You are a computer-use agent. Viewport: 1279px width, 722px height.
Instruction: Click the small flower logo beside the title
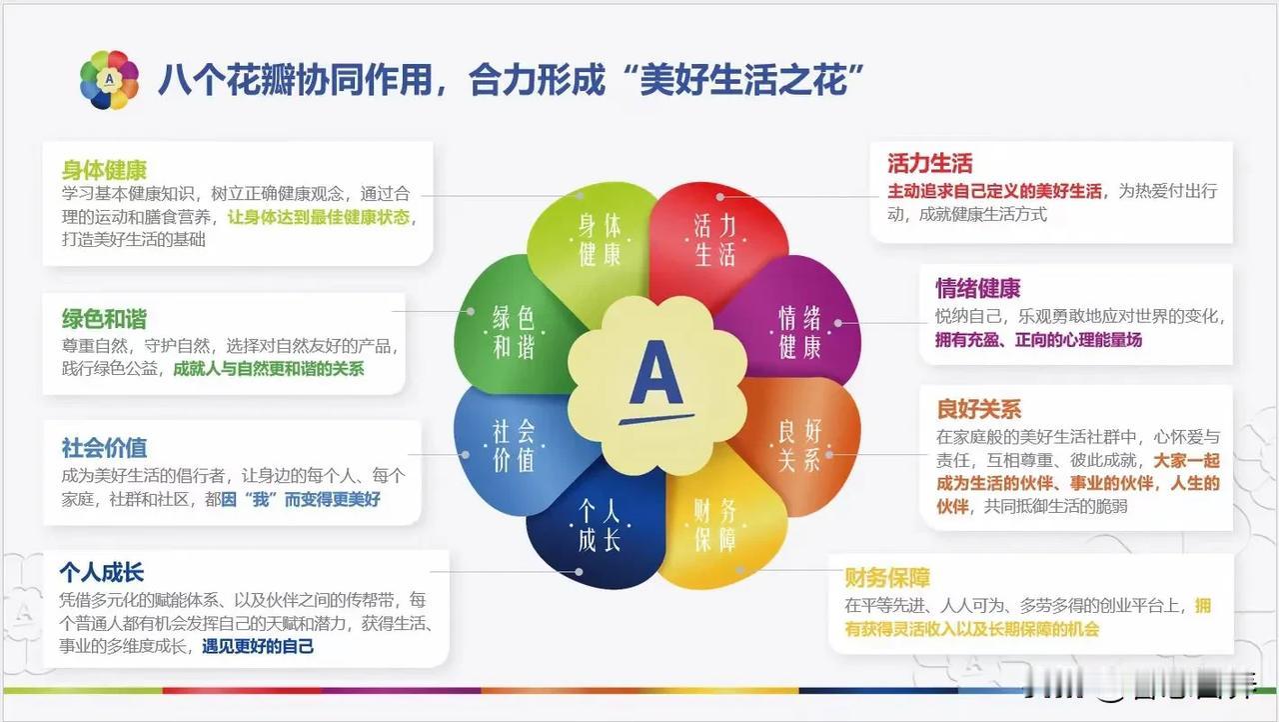click(109, 80)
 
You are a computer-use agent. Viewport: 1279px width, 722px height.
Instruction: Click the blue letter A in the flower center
click(656, 374)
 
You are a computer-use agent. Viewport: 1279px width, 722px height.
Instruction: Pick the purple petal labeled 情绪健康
click(799, 326)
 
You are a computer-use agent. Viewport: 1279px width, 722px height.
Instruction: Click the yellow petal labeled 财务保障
click(720, 526)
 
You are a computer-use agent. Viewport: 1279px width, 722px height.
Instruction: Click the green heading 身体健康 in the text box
click(104, 170)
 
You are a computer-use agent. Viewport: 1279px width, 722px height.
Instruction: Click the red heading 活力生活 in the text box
click(929, 163)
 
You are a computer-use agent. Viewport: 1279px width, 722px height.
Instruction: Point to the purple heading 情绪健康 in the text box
click(977, 288)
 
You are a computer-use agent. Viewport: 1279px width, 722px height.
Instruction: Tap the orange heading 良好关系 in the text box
click(978, 409)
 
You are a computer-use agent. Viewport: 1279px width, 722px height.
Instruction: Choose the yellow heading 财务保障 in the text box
click(887, 577)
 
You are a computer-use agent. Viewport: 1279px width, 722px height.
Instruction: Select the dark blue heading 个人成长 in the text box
click(102, 572)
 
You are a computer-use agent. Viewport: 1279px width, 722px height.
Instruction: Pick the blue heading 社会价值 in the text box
click(104, 448)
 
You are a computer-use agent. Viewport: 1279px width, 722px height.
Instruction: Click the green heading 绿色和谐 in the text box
click(104, 319)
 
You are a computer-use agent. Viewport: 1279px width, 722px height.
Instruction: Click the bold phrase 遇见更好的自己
click(258, 647)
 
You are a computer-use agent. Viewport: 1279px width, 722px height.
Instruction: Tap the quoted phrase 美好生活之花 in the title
click(743, 80)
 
